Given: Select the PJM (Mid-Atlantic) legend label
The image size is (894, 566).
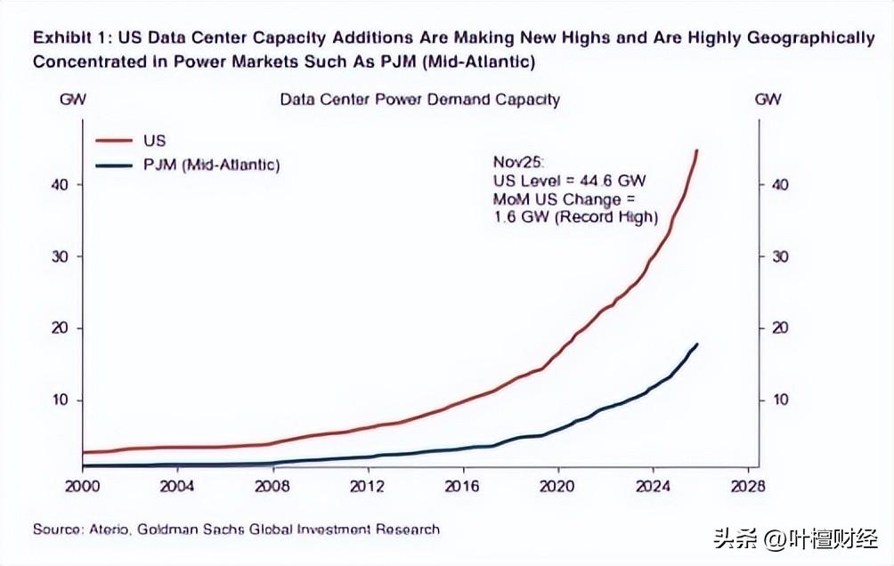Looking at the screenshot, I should click(211, 165).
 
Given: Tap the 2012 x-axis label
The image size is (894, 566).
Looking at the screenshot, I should click(367, 486).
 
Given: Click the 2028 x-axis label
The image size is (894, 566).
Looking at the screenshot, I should click(747, 486).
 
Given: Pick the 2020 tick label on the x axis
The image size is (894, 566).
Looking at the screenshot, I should click(557, 486).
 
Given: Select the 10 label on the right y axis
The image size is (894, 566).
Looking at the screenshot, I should click(781, 400).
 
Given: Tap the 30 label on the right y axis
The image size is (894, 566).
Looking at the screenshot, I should click(781, 256).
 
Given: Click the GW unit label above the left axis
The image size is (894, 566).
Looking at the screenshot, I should click(72, 99).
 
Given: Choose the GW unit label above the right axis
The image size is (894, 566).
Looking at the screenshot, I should click(768, 99).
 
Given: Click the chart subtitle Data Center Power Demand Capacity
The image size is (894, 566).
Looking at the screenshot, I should click(419, 99).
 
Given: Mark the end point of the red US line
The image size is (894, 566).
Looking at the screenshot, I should click(697, 150).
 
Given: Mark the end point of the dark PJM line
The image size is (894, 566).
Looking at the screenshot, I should click(697, 344).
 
